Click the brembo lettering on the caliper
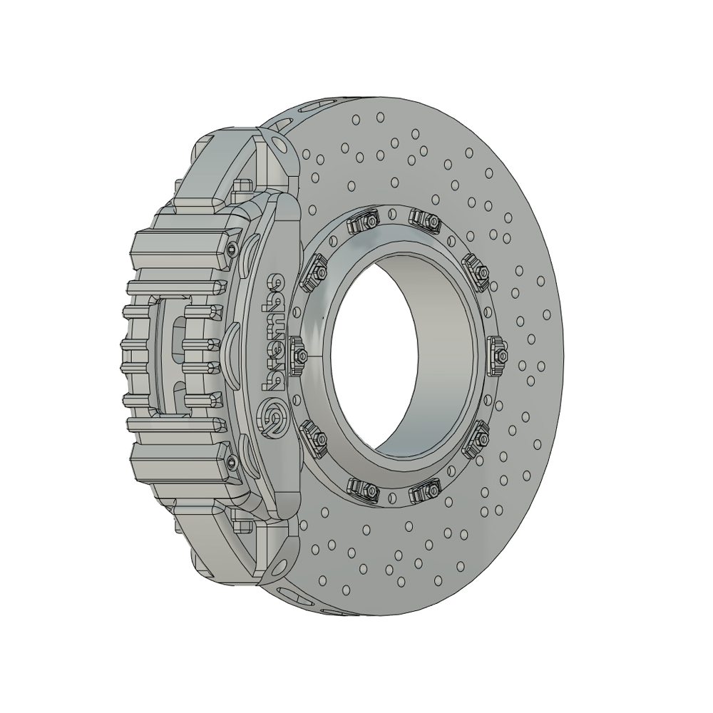[274, 332]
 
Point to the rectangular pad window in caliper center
[171, 356]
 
